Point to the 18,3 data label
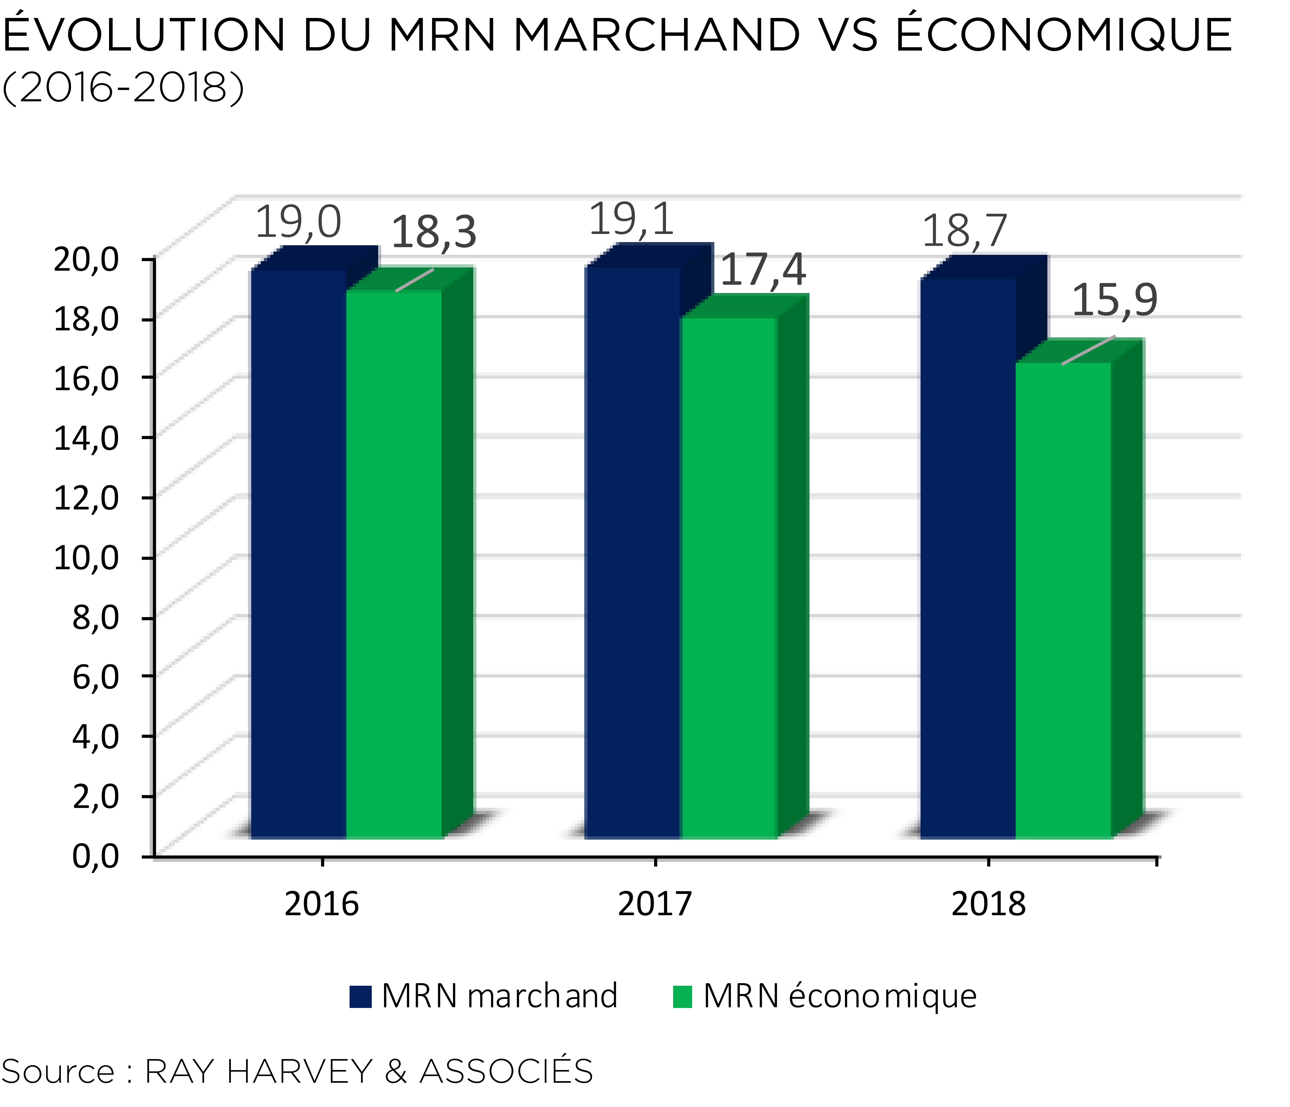tap(434, 232)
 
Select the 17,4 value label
tap(763, 270)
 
